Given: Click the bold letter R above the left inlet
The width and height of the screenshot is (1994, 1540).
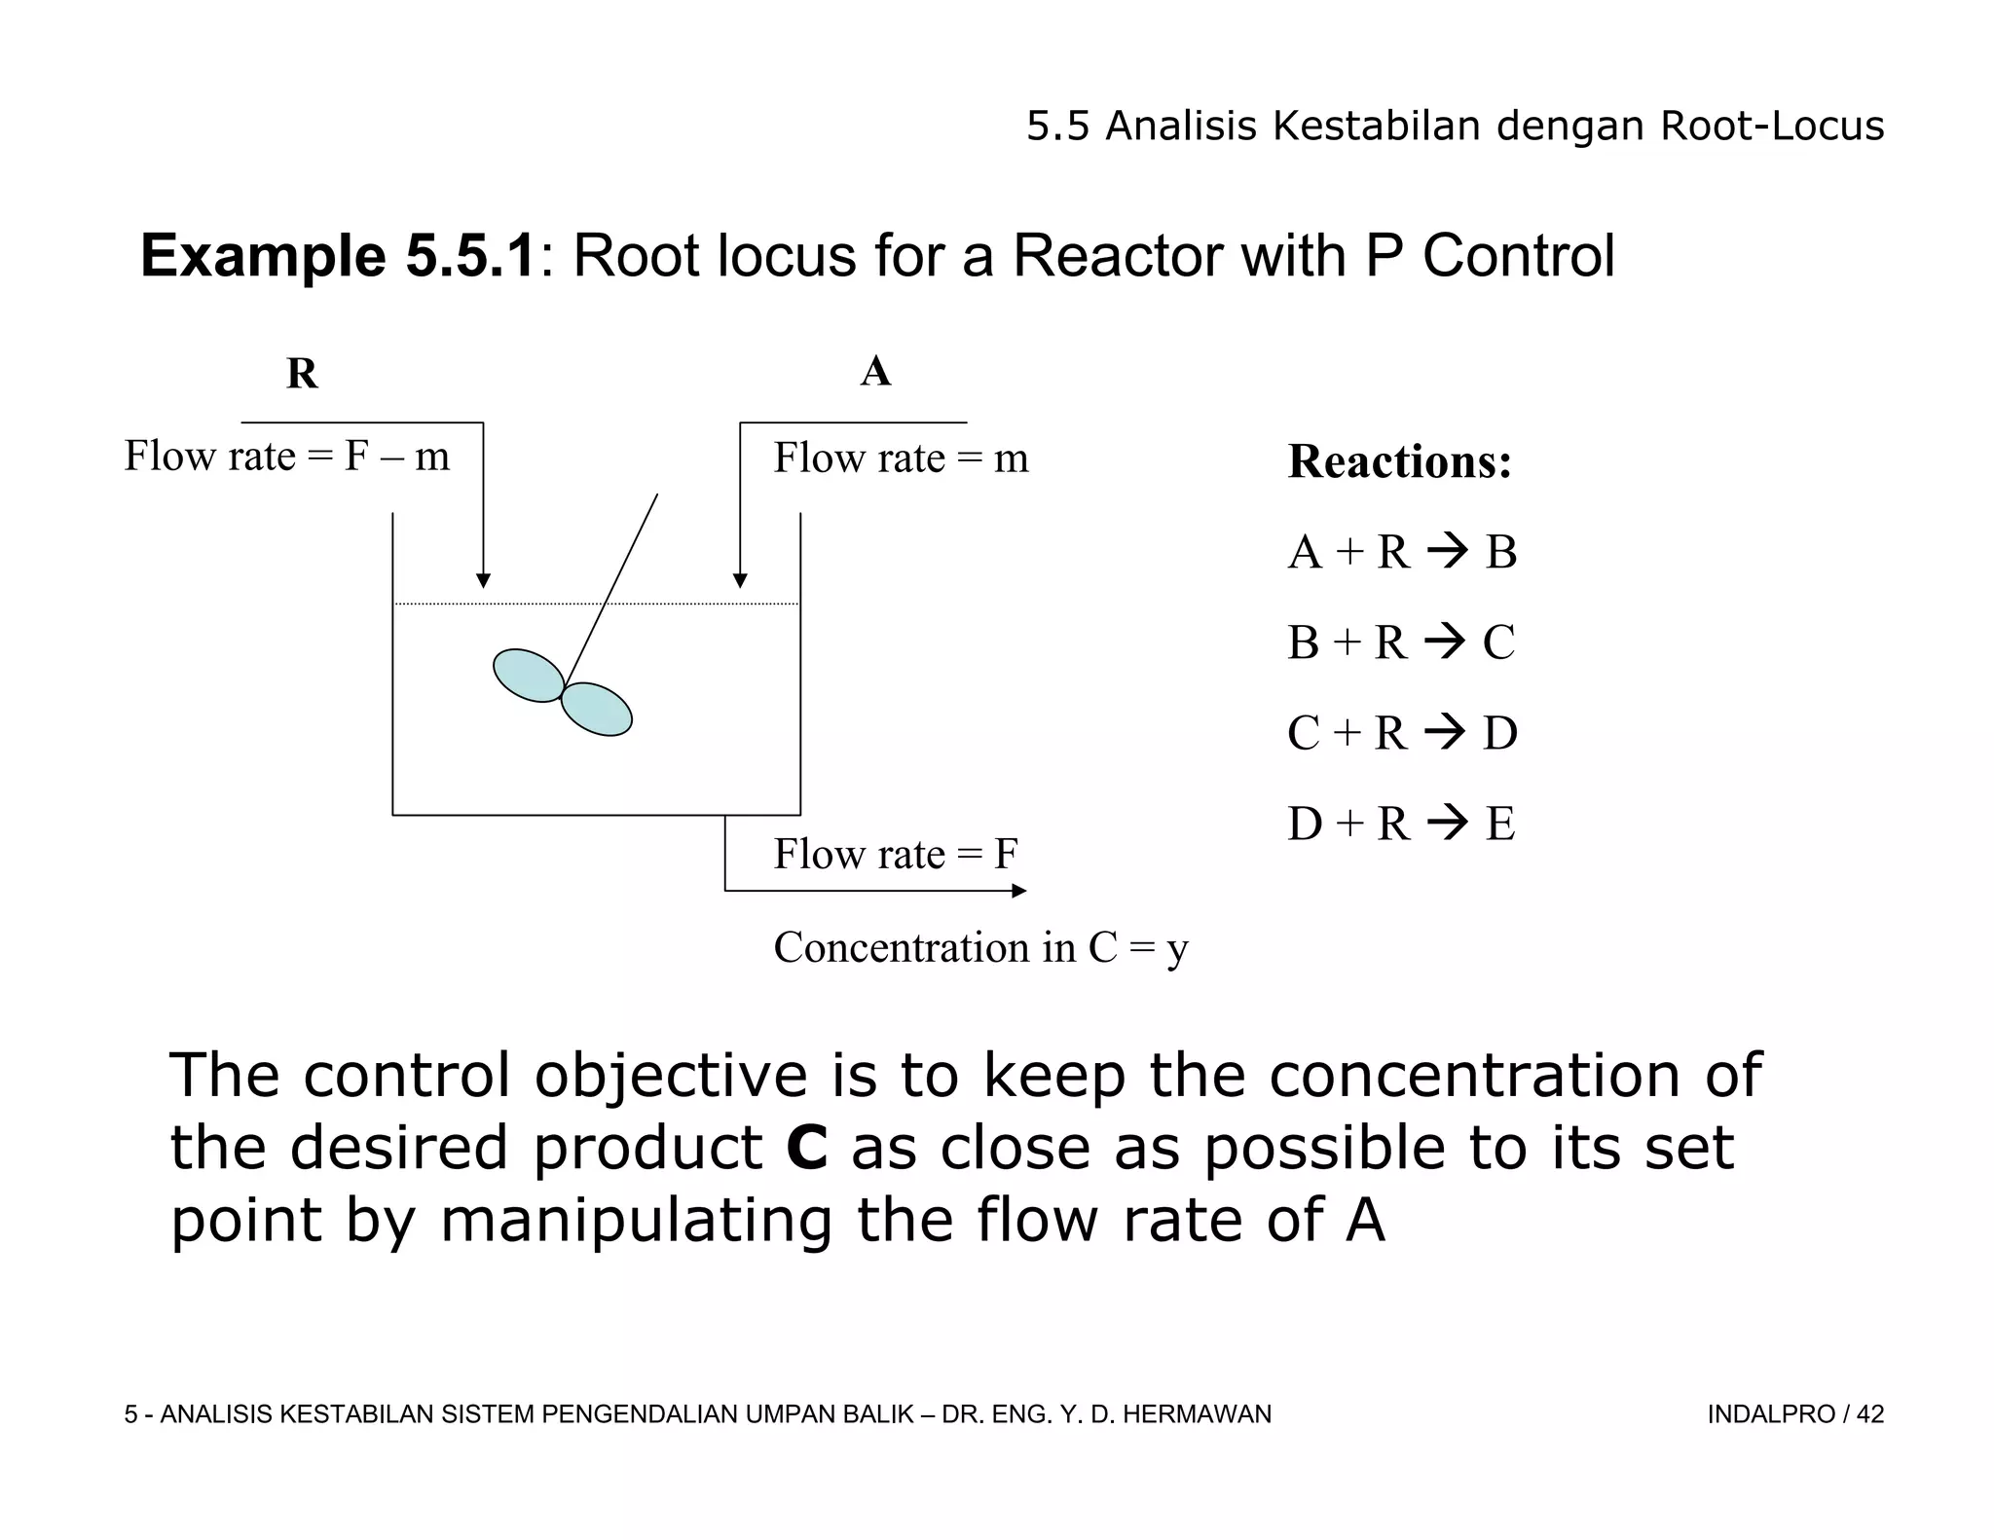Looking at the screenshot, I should pos(302,374).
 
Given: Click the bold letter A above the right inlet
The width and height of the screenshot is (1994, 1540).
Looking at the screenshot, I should pos(875,371).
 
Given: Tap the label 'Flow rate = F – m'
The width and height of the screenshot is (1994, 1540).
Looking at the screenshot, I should pos(287,456).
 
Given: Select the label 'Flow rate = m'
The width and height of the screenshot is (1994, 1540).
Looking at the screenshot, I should pos(901,458).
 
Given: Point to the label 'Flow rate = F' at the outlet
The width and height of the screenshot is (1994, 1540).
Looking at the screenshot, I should pos(896,854).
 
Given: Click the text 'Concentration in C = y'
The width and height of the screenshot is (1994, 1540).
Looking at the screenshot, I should pos(980,947).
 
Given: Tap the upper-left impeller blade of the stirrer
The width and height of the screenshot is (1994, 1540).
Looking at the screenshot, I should pos(529,675).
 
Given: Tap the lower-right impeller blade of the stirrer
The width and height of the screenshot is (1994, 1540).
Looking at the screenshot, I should pos(597,709).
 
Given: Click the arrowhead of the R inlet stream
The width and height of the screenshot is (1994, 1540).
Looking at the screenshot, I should pos(483,580).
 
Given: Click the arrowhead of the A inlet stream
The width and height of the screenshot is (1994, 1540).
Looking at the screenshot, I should pos(740,580).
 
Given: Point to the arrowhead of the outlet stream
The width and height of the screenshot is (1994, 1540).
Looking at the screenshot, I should pos(1018,891).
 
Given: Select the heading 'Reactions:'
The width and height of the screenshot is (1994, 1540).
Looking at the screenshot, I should pos(1399,461).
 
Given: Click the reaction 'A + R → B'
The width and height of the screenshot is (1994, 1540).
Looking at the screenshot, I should pos(1402,552).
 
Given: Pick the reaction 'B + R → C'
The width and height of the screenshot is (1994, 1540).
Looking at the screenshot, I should pos(1401,642).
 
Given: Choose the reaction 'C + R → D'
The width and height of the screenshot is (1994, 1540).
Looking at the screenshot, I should pos(1402,733).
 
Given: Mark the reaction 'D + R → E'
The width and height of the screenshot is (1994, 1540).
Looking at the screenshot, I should pos(1401,824).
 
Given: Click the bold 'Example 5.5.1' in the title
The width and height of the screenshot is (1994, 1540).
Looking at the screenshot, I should pos(338,256).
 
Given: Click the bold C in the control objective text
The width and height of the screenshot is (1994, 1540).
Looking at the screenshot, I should pos(807,1148).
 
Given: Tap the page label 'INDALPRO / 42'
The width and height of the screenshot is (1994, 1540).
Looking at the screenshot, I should pos(1794,1414).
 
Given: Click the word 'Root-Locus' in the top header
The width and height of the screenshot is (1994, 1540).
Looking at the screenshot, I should pos(1772,127).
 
